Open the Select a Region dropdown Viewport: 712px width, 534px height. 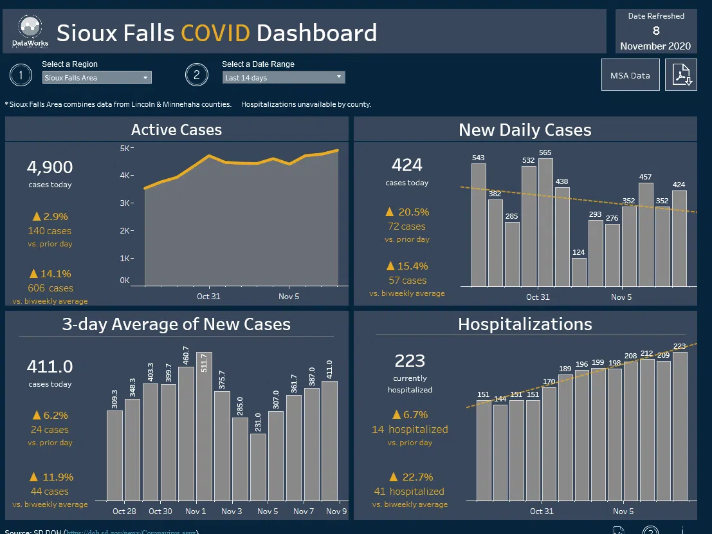[96, 78]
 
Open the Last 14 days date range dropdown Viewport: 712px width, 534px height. [284, 78]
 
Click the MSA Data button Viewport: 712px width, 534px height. [630, 75]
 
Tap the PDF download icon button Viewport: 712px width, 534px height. [681, 75]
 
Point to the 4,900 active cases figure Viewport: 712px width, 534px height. [50, 168]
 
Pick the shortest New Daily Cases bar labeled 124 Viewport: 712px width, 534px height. [579, 272]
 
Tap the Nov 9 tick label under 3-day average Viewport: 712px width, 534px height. [337, 511]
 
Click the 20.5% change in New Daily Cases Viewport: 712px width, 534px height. [414, 212]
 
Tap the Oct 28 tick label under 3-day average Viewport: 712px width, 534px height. [124, 511]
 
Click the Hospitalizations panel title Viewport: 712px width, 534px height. [525, 324]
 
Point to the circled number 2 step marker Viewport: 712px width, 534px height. [196, 75]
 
